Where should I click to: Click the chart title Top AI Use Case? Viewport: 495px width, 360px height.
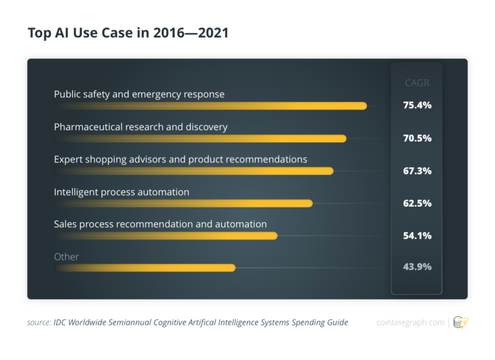click(x=128, y=32)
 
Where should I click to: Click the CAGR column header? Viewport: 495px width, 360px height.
click(x=416, y=82)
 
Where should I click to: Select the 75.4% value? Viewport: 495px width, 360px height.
click(x=417, y=105)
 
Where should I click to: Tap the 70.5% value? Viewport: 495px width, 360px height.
click(x=417, y=138)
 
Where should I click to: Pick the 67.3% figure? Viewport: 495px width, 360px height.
click(x=417, y=171)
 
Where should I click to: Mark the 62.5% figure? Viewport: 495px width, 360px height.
click(x=417, y=203)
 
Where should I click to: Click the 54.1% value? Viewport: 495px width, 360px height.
click(x=417, y=235)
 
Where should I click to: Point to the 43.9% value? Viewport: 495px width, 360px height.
click(x=417, y=267)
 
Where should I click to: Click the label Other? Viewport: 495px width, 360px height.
click(x=66, y=256)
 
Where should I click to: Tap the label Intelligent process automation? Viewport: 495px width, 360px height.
click(x=122, y=192)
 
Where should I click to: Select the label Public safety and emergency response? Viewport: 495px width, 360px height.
click(x=139, y=94)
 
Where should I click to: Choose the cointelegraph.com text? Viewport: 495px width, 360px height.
click(x=411, y=322)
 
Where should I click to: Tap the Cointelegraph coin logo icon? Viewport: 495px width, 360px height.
click(x=461, y=322)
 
